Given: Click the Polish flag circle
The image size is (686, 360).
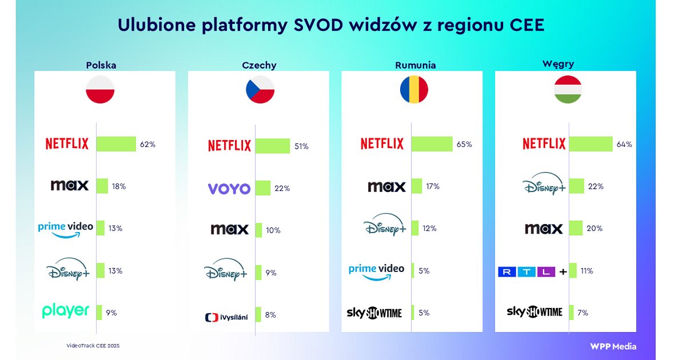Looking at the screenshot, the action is tap(100, 89).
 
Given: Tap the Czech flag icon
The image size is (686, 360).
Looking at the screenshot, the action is tap(260, 89).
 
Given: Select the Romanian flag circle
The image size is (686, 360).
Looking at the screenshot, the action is tap(414, 89).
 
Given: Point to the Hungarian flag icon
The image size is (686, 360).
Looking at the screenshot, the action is tap(568, 89).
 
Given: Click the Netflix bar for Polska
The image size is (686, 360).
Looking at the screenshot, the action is tap(116, 144).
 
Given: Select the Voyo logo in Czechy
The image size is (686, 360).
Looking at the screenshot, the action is tap(229, 189).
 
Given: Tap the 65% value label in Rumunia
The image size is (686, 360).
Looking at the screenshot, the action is tap(464, 144).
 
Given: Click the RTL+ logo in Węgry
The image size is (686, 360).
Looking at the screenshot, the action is tap(532, 271).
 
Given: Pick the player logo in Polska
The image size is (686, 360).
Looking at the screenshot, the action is tap(66, 311).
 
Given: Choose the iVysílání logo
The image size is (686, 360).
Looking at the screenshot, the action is tap(226, 318).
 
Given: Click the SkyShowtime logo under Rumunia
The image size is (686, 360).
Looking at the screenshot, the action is tap(374, 313).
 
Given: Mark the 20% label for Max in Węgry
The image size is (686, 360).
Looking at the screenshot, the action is tap(595, 229).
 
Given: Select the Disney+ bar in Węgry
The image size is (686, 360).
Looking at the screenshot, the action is tap(576, 186).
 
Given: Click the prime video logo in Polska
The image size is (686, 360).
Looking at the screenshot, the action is tap(66, 230).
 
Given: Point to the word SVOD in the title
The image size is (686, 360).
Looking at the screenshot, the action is tap(318, 25).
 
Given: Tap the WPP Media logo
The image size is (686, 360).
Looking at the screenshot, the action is tap(613, 346).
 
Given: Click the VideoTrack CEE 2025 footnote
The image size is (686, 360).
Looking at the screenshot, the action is tap(93, 346).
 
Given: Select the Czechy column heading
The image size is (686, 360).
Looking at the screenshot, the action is tap(259, 65).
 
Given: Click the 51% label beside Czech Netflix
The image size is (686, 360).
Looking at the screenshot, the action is tap(301, 147).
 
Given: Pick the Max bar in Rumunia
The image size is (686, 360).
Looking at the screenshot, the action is tap(417, 186).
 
